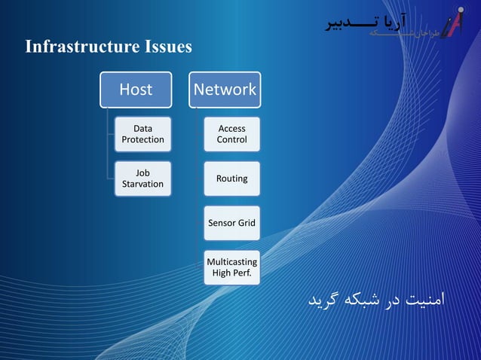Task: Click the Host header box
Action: [136, 90]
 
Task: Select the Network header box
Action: [225, 90]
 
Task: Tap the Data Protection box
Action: [142, 134]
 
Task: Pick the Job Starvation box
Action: [142, 178]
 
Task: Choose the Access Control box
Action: [231, 134]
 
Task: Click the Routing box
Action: [231, 178]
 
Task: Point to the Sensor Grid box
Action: [231, 223]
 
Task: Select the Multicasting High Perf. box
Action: [231, 267]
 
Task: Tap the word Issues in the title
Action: [167, 47]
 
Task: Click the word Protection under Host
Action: [142, 139]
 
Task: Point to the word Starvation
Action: [142, 184]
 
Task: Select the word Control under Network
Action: [231, 139]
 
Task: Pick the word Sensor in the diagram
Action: [222, 223]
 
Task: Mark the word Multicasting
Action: [231, 262]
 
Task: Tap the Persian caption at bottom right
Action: [376, 299]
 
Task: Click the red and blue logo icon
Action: [452, 22]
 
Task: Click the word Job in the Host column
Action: [142, 173]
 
